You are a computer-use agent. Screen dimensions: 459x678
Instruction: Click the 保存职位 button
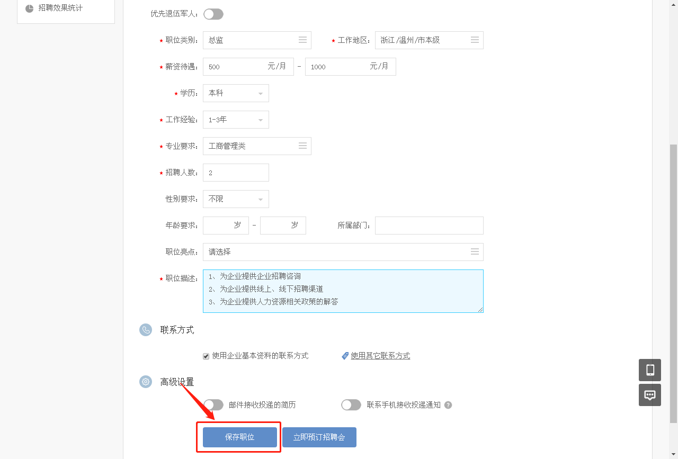pyautogui.click(x=239, y=437)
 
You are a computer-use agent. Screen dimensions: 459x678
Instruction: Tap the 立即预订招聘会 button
pyautogui.click(x=319, y=437)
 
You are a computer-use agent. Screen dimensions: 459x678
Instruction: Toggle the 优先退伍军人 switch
pyautogui.click(x=213, y=14)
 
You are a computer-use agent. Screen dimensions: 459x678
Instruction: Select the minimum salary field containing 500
pyautogui.click(x=236, y=67)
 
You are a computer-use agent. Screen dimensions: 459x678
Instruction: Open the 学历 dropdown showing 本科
pyautogui.click(x=236, y=93)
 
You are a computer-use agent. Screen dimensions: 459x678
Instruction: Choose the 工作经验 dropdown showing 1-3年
pyautogui.click(x=236, y=120)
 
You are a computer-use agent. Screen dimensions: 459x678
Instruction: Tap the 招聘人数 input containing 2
pyautogui.click(x=236, y=173)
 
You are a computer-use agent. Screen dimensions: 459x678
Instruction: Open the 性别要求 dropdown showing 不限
pyautogui.click(x=236, y=199)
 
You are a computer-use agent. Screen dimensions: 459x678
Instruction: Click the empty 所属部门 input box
pyautogui.click(x=429, y=226)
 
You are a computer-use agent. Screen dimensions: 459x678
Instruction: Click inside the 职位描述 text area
pyautogui.click(x=343, y=291)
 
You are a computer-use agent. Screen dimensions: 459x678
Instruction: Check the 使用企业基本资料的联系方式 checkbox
pyautogui.click(x=206, y=356)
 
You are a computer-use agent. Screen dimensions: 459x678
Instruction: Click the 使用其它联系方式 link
pyautogui.click(x=380, y=356)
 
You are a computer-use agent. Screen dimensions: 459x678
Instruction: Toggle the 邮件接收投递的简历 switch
pyautogui.click(x=213, y=405)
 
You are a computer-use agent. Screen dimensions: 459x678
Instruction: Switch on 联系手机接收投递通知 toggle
pyautogui.click(x=351, y=405)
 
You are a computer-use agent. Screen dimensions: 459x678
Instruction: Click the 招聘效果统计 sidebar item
pyautogui.click(x=60, y=8)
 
